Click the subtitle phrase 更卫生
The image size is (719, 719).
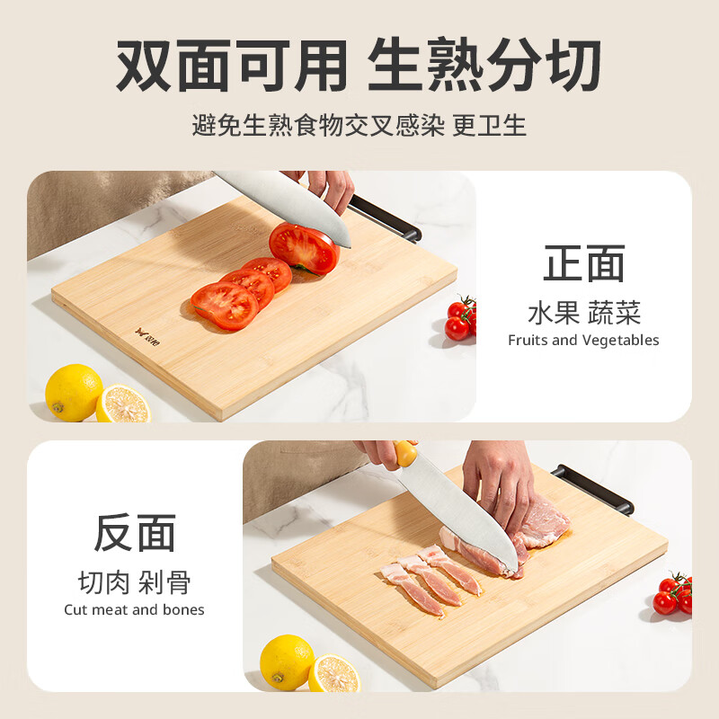tap(490, 125)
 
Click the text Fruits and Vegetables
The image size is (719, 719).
tap(583, 341)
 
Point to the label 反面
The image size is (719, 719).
tap(135, 533)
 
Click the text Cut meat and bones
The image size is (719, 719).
tap(134, 610)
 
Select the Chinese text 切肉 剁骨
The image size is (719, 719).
tap(135, 582)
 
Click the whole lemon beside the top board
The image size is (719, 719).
tap(74, 392)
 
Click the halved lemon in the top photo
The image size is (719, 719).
tap(123, 404)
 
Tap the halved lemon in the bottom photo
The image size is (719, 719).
tap(333, 673)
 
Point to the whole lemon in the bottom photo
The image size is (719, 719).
tap(286, 662)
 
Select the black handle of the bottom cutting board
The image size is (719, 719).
tap(593, 489)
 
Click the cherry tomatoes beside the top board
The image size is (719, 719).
tap(461, 319)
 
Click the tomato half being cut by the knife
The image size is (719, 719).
tap(303, 248)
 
